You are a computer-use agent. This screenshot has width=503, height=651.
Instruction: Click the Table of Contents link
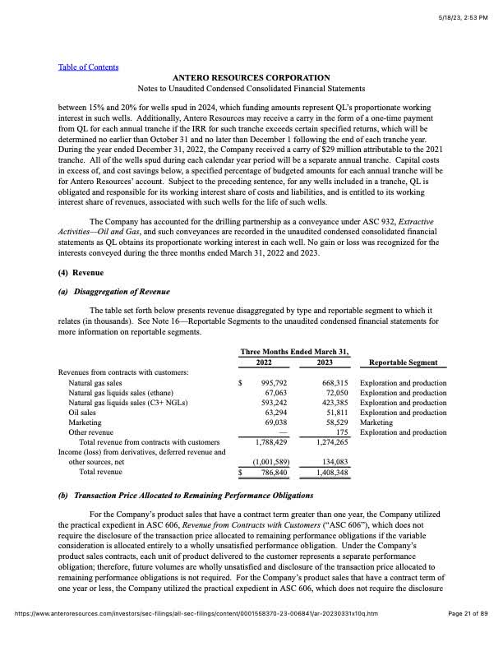click(x=88, y=67)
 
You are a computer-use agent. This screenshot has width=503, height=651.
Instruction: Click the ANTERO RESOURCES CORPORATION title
click(x=251, y=77)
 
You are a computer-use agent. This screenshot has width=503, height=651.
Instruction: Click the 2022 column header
click(x=264, y=362)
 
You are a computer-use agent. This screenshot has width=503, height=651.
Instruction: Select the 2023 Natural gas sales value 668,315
click(x=331, y=383)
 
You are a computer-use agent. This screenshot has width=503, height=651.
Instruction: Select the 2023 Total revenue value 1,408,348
click(x=328, y=473)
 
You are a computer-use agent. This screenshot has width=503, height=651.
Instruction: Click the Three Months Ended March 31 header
click(x=294, y=352)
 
